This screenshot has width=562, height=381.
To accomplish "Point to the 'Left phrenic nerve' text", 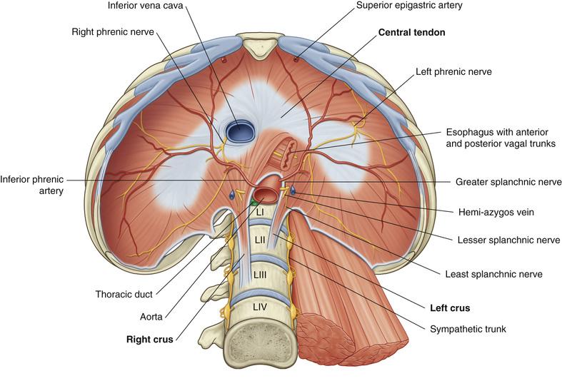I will (452, 72).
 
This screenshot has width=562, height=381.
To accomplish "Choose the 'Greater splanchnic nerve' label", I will (508, 183).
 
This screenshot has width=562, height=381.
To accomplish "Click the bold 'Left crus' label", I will (454, 308).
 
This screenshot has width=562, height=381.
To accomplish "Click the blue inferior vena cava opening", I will (239, 130).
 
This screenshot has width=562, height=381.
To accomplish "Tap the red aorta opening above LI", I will (266, 194).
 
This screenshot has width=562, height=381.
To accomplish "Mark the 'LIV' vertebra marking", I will (260, 307).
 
